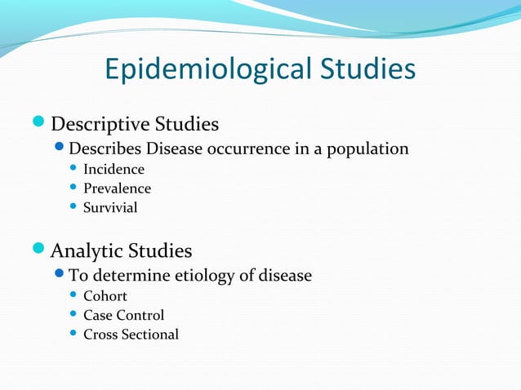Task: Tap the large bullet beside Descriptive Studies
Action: (x=40, y=124)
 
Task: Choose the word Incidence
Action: (x=114, y=170)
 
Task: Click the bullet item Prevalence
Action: (x=117, y=188)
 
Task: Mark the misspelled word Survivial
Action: (x=110, y=207)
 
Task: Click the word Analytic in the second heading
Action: (x=86, y=250)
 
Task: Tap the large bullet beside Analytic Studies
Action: (x=40, y=250)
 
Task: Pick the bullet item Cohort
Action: (x=105, y=296)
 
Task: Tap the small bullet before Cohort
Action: (x=73, y=296)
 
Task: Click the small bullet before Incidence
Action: (x=73, y=170)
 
